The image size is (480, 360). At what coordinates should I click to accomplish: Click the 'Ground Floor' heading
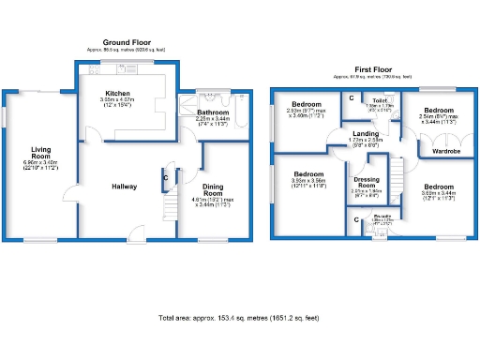[x=127, y=42]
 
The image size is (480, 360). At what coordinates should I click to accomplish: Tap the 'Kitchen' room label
[x=117, y=94]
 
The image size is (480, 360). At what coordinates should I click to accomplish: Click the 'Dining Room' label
[x=214, y=190]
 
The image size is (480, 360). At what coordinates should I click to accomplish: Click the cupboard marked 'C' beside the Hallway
[x=165, y=177]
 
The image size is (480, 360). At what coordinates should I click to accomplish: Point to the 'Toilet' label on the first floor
[x=380, y=99]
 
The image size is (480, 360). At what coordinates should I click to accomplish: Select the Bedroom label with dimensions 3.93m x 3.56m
[x=308, y=174]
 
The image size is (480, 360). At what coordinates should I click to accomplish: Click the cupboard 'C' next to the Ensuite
[x=358, y=220]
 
